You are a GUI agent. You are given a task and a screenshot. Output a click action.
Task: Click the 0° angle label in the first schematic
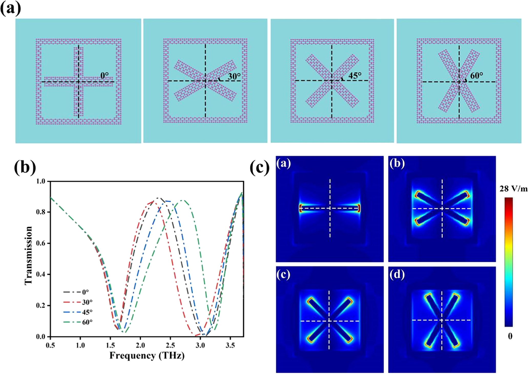(105, 76)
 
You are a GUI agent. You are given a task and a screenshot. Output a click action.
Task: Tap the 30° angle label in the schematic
(234, 76)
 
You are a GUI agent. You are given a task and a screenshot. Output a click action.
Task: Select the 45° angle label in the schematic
(355, 75)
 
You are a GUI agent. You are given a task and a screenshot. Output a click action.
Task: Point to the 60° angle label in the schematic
(476, 75)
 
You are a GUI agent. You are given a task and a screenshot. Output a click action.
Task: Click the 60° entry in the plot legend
(87, 322)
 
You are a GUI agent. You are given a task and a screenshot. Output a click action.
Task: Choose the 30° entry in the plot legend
(87, 302)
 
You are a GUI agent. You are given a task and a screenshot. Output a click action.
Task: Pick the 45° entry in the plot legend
(87, 312)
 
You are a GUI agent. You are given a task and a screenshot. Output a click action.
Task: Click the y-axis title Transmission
(28, 255)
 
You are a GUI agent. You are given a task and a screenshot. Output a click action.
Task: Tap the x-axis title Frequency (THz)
(147, 356)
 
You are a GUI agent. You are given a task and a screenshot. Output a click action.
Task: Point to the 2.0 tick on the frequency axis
(140, 345)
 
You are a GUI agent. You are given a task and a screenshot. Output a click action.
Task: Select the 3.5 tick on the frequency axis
(230, 345)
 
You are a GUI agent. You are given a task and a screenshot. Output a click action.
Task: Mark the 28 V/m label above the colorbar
(513, 189)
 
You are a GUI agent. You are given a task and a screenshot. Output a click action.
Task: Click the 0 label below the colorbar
(510, 336)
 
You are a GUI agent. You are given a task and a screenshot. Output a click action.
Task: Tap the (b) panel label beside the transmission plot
(25, 168)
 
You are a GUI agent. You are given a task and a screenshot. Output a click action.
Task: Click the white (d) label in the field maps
(397, 275)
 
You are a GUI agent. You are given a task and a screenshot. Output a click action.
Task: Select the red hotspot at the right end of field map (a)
(359, 208)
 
